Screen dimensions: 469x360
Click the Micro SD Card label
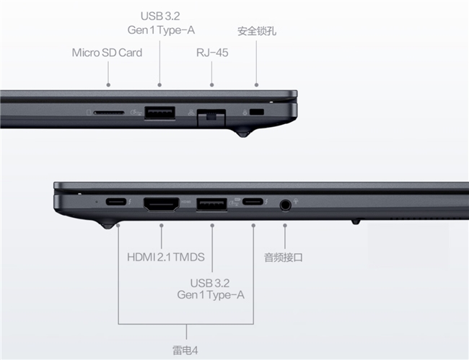coord(107,53)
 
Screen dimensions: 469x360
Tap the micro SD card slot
coord(109,113)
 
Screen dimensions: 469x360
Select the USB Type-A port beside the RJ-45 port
coord(159,113)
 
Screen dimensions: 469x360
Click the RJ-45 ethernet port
coord(211,117)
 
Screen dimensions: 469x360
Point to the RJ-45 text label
coord(212,53)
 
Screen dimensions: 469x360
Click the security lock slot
coord(257,112)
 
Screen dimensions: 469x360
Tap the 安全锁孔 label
coord(257,31)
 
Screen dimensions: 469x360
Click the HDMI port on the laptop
coord(162,204)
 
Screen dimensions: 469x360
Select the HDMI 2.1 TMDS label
coord(166,257)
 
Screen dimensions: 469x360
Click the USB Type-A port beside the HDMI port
coord(211,204)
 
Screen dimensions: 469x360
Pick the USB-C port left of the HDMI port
coord(116,201)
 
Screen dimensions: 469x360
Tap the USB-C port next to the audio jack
coord(253,201)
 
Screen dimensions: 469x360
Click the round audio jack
coord(285,206)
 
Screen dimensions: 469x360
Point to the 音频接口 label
coord(284,258)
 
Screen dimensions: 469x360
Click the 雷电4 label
coord(185,350)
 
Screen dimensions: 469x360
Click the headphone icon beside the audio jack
coord(296,201)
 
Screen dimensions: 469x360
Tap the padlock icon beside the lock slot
coord(245,113)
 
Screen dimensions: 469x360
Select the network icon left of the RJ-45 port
coord(190,113)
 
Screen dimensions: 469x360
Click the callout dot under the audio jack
coord(285,225)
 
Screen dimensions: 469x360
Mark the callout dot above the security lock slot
coord(256,85)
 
